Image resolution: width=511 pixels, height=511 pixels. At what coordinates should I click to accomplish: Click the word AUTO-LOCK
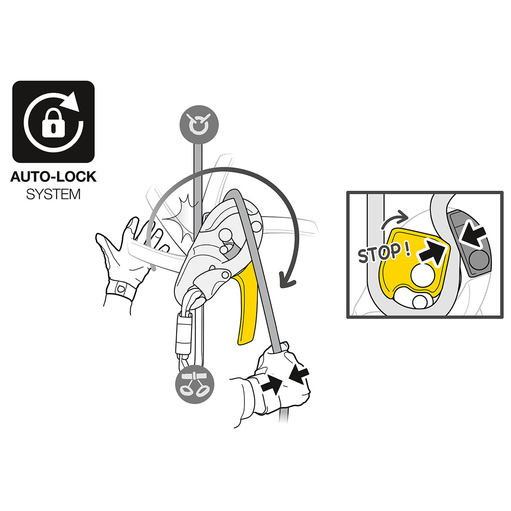(x=53, y=176)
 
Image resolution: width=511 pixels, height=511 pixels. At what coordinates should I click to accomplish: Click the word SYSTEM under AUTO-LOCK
(x=53, y=195)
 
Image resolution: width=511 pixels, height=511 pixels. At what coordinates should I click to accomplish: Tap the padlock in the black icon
(x=52, y=124)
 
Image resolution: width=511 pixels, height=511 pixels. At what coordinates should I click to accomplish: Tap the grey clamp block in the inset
(x=471, y=245)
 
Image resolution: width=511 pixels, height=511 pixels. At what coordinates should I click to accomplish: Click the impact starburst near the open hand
(x=179, y=219)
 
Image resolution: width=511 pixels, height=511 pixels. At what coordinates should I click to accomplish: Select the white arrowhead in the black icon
(x=75, y=102)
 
